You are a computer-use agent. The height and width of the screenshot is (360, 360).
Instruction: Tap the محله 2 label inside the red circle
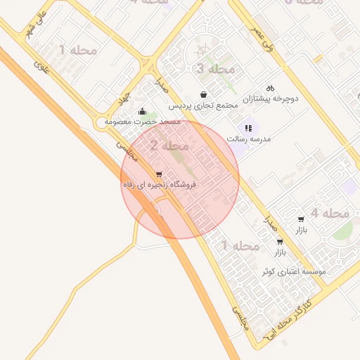click(x=169, y=146)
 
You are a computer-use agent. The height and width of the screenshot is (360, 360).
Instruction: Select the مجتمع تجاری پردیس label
click(x=204, y=105)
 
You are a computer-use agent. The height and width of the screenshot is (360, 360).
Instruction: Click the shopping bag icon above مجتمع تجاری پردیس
click(x=204, y=94)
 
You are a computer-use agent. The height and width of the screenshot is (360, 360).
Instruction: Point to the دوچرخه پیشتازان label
click(x=271, y=99)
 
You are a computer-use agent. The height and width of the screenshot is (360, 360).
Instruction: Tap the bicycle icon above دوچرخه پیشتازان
click(x=270, y=89)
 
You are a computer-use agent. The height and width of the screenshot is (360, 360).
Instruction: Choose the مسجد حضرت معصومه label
click(x=143, y=122)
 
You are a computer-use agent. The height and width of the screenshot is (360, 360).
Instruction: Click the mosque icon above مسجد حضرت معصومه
click(x=143, y=111)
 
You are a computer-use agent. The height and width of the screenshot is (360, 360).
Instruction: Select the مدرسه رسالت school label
click(x=249, y=139)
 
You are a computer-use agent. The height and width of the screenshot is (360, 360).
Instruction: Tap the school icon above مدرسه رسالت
click(x=248, y=128)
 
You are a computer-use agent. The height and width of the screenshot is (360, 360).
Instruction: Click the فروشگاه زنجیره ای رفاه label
click(x=160, y=185)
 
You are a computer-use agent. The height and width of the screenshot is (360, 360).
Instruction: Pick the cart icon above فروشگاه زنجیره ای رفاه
click(x=159, y=174)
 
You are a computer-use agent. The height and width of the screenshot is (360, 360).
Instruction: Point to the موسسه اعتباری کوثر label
click(x=294, y=271)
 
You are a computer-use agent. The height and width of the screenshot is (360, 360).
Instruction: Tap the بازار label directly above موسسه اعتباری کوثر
click(x=280, y=252)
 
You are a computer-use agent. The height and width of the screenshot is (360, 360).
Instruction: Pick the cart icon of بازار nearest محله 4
click(x=301, y=219)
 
